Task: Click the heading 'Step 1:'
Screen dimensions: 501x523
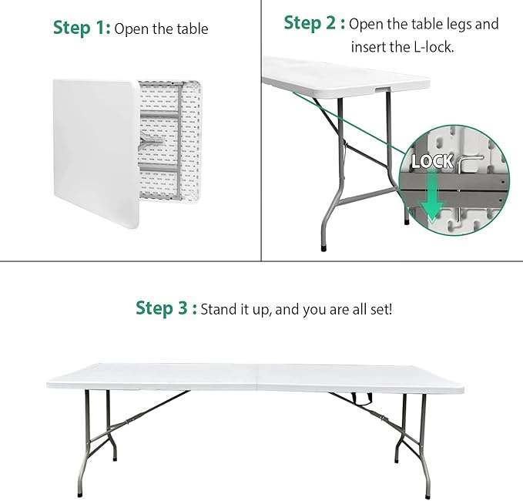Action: point(82,29)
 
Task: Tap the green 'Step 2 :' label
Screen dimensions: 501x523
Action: point(314,23)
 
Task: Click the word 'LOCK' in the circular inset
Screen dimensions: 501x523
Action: point(432,161)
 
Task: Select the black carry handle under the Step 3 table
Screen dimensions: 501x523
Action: point(359,398)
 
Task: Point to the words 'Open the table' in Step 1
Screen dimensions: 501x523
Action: point(161,30)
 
